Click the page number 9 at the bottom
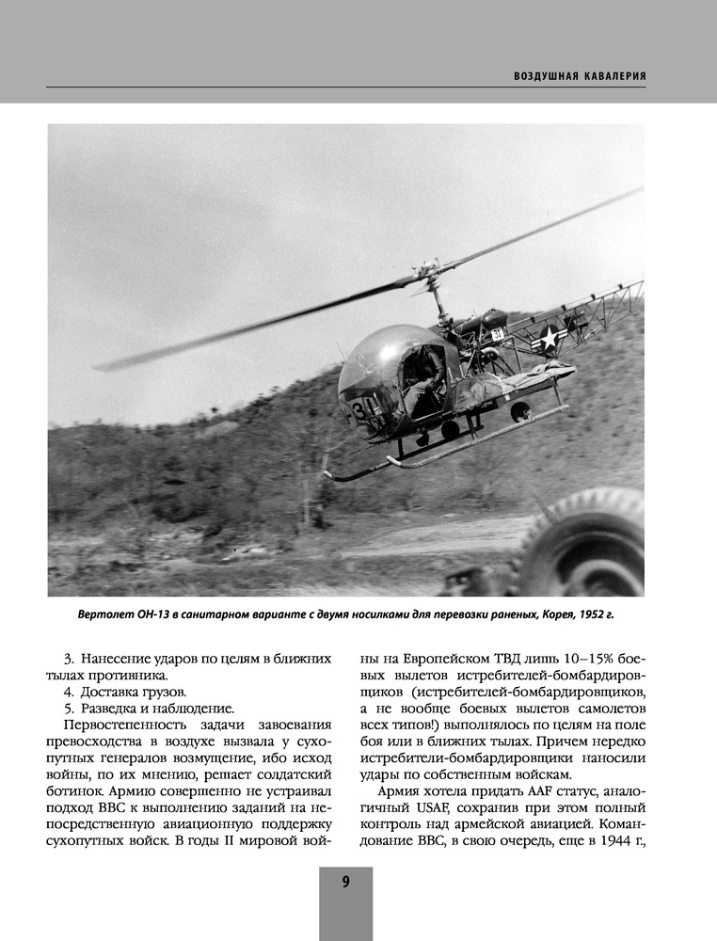click(345, 882)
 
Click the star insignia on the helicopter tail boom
click(549, 338)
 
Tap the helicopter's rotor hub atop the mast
click(430, 273)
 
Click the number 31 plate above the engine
click(497, 334)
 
